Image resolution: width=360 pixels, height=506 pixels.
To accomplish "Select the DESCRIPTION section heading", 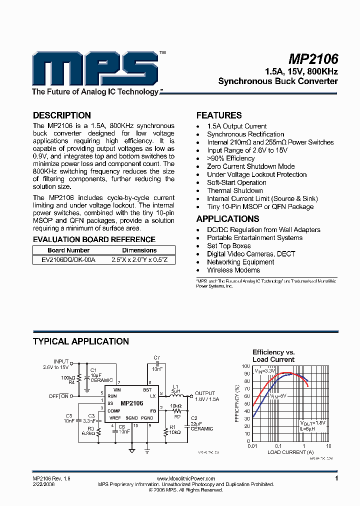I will click(61, 115).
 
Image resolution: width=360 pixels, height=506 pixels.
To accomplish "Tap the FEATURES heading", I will click(218, 115).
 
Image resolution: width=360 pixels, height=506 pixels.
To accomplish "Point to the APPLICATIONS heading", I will click(227, 219).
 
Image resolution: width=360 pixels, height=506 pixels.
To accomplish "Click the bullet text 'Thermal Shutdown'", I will click(234, 190).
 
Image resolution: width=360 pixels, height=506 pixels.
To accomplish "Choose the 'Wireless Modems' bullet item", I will click(233, 270).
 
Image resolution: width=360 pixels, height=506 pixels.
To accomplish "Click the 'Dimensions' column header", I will click(139, 250).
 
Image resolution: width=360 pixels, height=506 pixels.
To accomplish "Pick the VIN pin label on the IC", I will click(117, 389).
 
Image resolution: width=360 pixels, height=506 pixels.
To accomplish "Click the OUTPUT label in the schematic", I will click(205, 393).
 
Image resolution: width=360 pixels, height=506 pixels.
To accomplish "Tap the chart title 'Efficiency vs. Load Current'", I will click(273, 355).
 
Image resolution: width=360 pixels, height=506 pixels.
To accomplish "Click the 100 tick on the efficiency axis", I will click(245, 366).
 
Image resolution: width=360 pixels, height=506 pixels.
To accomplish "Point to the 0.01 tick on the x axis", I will click(253, 446).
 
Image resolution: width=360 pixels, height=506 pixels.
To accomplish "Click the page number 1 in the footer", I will click(336, 478).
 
